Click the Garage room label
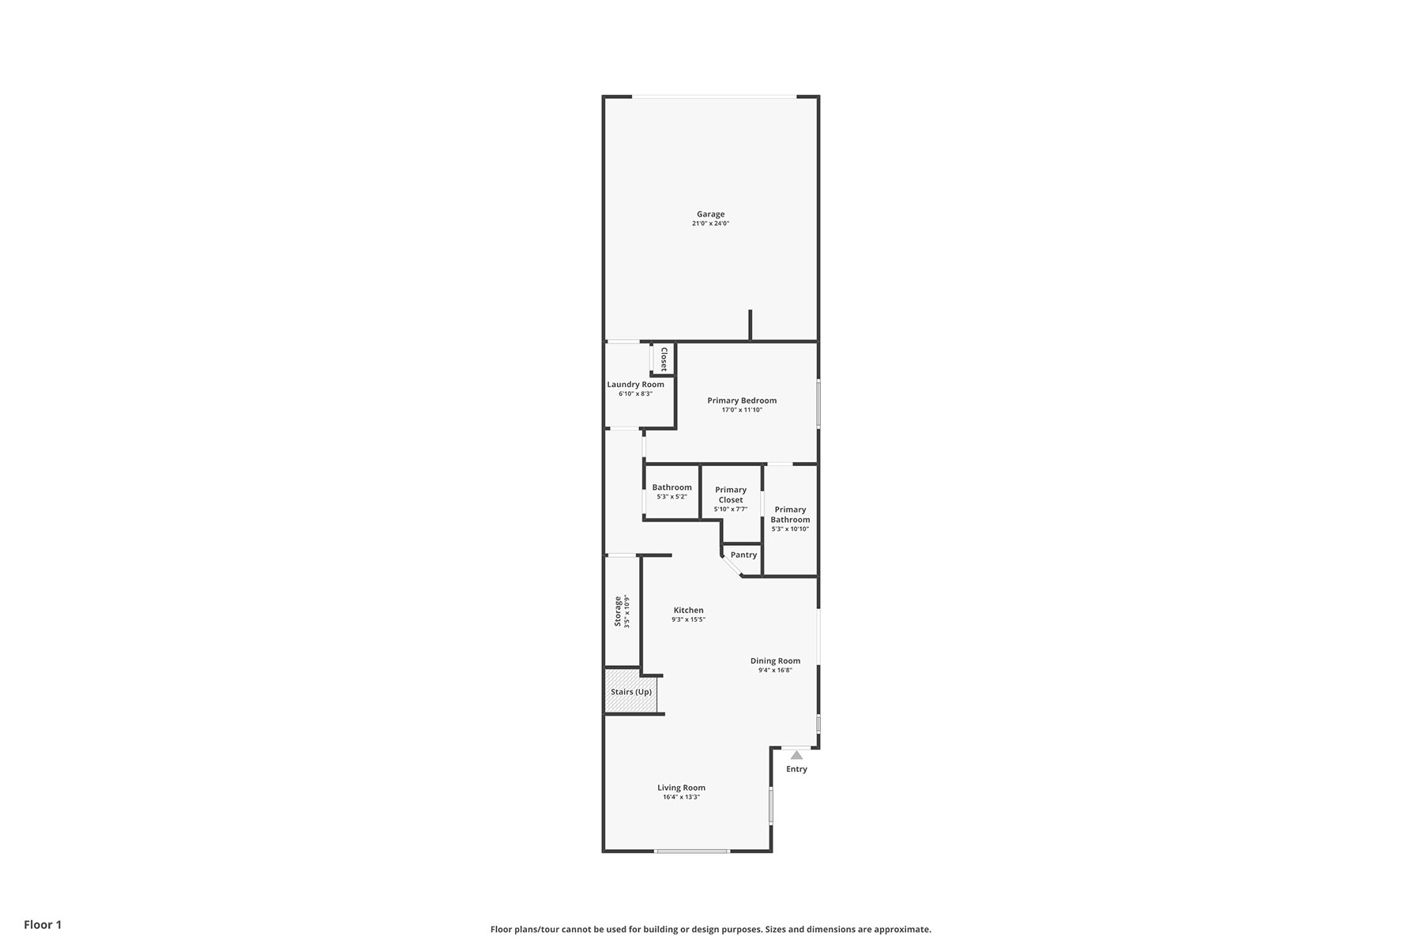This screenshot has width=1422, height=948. [x=710, y=214]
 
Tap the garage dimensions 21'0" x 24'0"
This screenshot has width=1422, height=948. [x=710, y=224]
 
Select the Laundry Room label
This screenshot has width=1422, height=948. [x=635, y=385]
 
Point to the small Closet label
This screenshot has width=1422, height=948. [x=664, y=359]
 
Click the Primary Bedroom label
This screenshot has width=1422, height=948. [x=742, y=401]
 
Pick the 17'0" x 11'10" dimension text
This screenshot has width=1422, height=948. [x=742, y=410]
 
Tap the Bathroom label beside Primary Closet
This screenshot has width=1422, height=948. [x=671, y=487]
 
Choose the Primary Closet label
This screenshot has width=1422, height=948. [x=731, y=495]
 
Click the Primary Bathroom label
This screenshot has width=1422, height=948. [x=790, y=514]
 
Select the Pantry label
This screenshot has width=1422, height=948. [x=743, y=555]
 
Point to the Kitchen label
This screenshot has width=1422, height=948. [x=688, y=610]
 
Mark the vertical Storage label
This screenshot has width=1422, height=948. [x=618, y=611]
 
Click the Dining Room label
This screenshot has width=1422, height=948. [x=775, y=661]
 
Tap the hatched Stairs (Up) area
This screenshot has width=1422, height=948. [x=631, y=691]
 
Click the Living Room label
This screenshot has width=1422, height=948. [x=681, y=788]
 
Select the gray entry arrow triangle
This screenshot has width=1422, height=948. [x=796, y=755]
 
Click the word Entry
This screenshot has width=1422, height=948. [x=796, y=769]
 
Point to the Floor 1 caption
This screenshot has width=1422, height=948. [x=43, y=925]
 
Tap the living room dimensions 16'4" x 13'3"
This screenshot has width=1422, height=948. [x=681, y=797]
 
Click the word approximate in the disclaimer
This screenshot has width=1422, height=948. [x=905, y=930]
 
